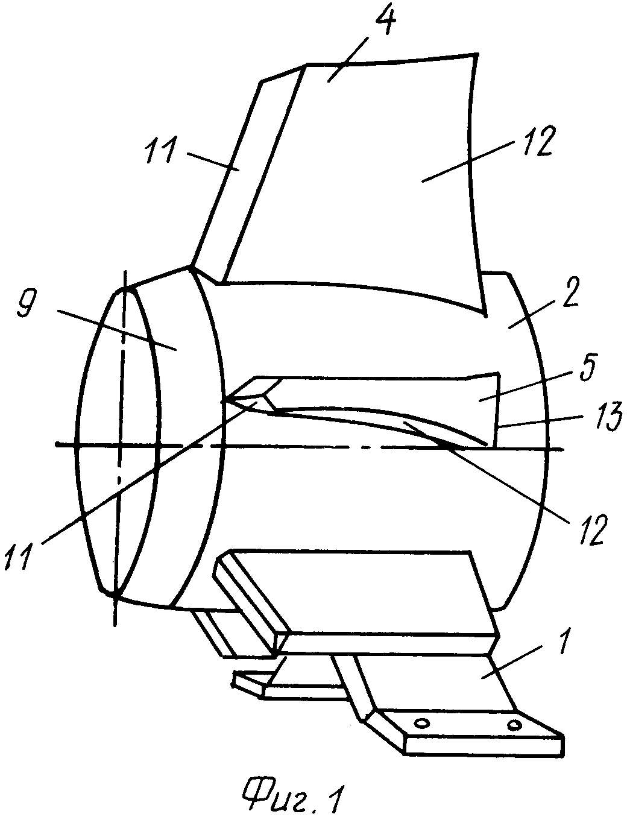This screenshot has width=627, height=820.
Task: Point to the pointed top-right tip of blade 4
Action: pyautogui.click(x=477, y=54)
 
